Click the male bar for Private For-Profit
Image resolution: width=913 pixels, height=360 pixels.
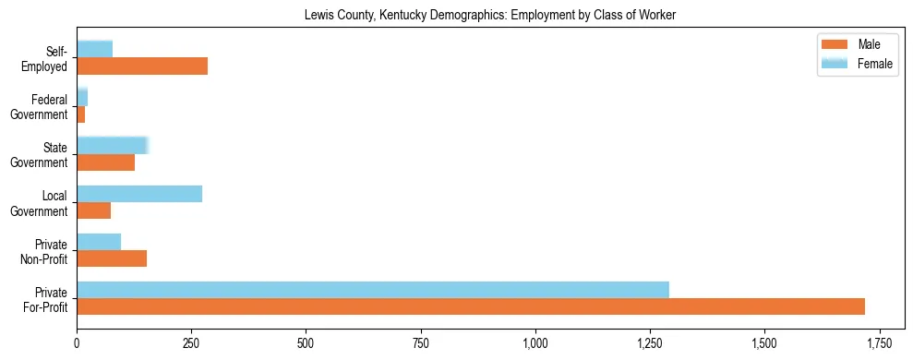(x=471, y=306)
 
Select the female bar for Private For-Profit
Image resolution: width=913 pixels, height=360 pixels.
(x=373, y=290)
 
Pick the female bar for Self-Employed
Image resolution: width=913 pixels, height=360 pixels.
(x=94, y=49)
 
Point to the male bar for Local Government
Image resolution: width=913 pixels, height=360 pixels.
(x=93, y=210)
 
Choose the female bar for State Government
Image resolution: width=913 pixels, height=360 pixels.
(x=112, y=146)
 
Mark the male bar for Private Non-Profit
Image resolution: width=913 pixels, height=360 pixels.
(x=112, y=258)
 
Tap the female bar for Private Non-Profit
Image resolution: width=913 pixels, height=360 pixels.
(x=99, y=242)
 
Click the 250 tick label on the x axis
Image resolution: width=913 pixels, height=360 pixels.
(x=191, y=343)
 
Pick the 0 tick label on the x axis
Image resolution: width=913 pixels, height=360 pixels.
(x=77, y=343)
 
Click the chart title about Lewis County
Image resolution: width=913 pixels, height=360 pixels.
(x=490, y=16)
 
